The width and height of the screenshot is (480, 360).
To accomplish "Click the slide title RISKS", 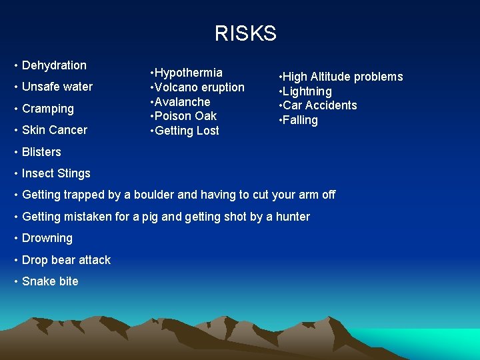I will click(x=245, y=33).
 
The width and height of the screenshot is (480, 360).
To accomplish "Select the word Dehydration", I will click(x=54, y=65).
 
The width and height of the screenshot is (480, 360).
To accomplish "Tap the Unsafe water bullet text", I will click(x=57, y=87).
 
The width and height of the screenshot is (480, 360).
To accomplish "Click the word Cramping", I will click(x=48, y=109).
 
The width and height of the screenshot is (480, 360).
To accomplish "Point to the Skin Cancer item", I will click(x=55, y=130).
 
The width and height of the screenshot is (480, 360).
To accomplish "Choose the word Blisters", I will click(x=41, y=152).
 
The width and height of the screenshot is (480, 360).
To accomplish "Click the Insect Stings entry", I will click(x=56, y=173).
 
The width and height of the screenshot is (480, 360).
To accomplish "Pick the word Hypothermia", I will click(x=189, y=73).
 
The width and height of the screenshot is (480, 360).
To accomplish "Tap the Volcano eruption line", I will click(x=199, y=87).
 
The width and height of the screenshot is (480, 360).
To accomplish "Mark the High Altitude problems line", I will click(x=343, y=77).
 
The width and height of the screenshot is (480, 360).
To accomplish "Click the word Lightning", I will click(x=307, y=91).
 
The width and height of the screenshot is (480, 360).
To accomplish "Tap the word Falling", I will click(x=301, y=120).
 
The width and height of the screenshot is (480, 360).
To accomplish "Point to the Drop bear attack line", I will click(x=66, y=260).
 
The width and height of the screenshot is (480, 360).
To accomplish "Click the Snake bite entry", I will click(x=50, y=281).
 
